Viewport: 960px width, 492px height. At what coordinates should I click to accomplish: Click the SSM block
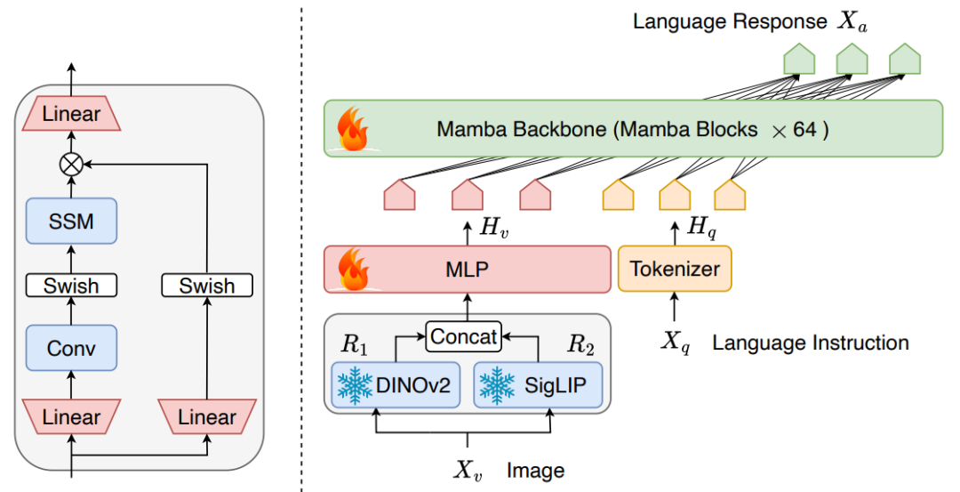[x=71, y=221]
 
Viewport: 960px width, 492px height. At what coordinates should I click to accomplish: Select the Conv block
[x=71, y=347]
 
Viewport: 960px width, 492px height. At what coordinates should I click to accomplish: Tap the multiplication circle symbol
[x=71, y=165]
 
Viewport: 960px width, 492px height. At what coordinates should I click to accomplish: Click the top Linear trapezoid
[x=71, y=113]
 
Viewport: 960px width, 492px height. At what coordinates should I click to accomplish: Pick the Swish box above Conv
[x=71, y=286]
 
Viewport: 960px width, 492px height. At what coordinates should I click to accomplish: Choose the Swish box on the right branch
[x=207, y=286]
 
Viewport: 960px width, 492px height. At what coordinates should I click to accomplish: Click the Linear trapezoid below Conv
[x=71, y=416]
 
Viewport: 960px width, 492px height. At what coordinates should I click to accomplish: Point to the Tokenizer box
[x=675, y=269]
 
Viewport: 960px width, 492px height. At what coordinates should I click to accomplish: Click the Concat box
[x=463, y=336]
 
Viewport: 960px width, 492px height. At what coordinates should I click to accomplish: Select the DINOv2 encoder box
[x=396, y=384]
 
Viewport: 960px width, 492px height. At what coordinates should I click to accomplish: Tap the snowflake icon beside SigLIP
[x=497, y=385]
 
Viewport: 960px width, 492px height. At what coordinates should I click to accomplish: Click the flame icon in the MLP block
[x=354, y=269]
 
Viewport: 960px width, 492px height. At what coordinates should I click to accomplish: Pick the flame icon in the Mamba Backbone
[x=354, y=129]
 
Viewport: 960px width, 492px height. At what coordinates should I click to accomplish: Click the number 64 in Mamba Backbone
[x=804, y=129]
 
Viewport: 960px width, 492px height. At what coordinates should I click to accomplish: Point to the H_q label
[x=701, y=227]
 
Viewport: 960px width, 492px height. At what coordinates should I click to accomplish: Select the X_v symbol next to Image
[x=468, y=471]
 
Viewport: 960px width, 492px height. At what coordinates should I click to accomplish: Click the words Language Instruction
[x=810, y=343]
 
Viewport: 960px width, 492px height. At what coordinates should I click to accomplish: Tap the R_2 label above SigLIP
[x=580, y=345]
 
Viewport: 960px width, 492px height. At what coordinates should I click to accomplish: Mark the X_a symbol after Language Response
[x=852, y=22]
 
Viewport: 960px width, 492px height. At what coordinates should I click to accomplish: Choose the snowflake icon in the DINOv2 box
[x=355, y=385]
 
